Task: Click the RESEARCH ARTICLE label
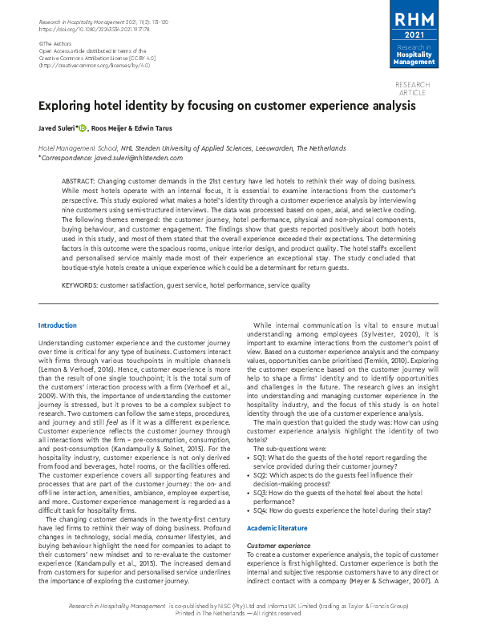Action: point(413,89)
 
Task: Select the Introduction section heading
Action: point(58,325)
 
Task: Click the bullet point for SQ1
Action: point(249,455)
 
